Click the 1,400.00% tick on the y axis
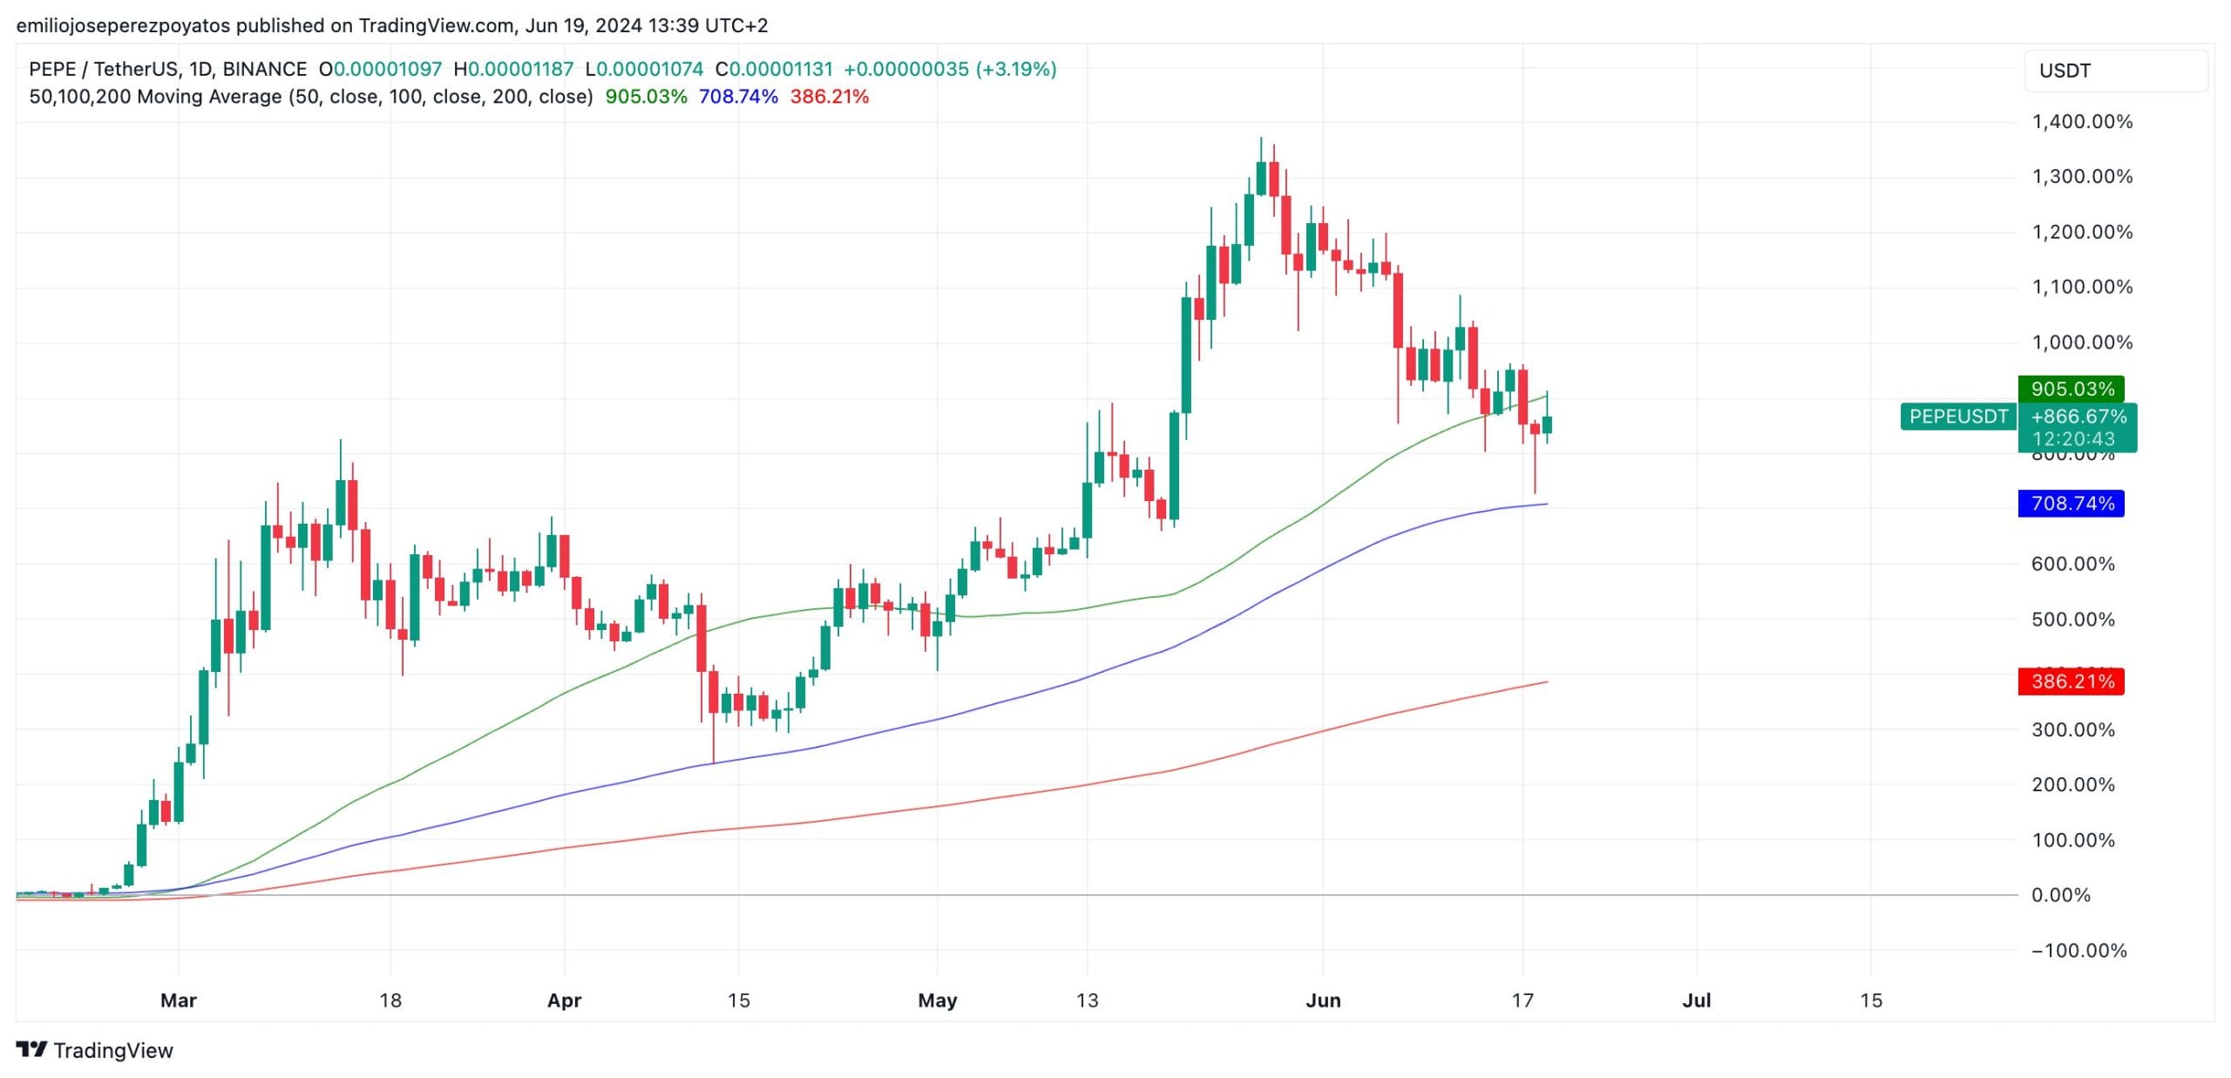point(2082,121)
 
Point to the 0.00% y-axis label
point(2060,895)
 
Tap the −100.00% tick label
point(2078,951)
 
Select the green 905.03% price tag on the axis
point(2072,389)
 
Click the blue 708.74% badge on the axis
point(2072,504)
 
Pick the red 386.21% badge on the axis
point(2072,681)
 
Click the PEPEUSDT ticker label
point(1958,417)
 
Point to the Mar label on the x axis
point(179,1000)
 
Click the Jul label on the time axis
point(1697,1000)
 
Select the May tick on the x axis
point(938,1000)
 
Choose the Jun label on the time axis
point(1323,1000)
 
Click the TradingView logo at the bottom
point(95,1050)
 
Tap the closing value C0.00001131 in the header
point(774,69)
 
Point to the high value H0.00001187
point(513,69)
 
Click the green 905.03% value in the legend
point(646,97)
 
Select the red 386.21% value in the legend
point(829,97)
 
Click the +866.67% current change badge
point(2078,417)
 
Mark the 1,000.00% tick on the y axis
point(2082,342)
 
